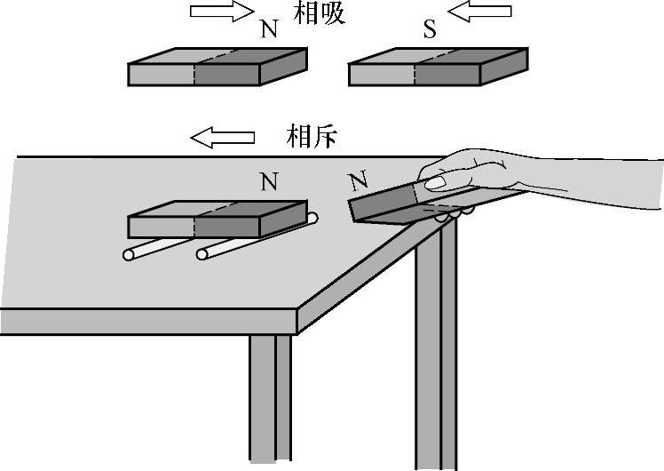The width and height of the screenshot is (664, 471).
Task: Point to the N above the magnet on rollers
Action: coord(270,183)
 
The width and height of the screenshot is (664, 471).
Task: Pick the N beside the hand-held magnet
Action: coord(359,183)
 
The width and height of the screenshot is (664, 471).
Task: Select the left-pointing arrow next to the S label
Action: coord(480,12)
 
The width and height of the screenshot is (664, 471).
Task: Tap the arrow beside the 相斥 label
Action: coord(223,137)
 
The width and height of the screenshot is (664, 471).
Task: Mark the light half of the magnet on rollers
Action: coord(162,222)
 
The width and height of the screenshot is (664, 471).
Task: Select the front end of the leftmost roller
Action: coord(130,256)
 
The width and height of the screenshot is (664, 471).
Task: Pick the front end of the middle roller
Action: coord(203,255)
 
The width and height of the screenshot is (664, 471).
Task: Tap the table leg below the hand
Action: coord(436,355)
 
